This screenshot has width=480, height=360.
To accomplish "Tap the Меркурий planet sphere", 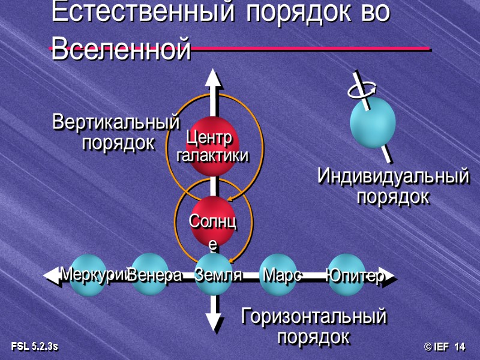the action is [88, 275].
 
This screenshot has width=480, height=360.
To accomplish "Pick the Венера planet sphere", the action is [150, 275].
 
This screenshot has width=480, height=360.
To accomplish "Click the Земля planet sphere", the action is [214, 275].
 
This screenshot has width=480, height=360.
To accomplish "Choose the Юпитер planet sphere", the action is [346, 275].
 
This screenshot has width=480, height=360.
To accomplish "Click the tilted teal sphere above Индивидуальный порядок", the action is [373, 123].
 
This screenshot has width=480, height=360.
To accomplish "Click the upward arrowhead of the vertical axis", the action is [212, 78].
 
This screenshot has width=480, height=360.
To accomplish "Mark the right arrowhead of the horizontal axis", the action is [388, 276].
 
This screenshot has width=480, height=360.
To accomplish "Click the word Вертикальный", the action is [116, 122].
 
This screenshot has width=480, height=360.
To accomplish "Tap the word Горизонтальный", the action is [313, 316].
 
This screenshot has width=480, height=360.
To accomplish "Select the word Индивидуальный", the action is [393, 176].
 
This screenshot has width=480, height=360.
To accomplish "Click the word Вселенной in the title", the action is [121, 49].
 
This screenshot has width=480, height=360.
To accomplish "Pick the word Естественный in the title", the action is [140, 13].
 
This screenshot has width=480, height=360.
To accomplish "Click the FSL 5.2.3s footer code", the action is [34, 347].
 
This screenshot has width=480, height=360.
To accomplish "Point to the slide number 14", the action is [460, 347].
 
